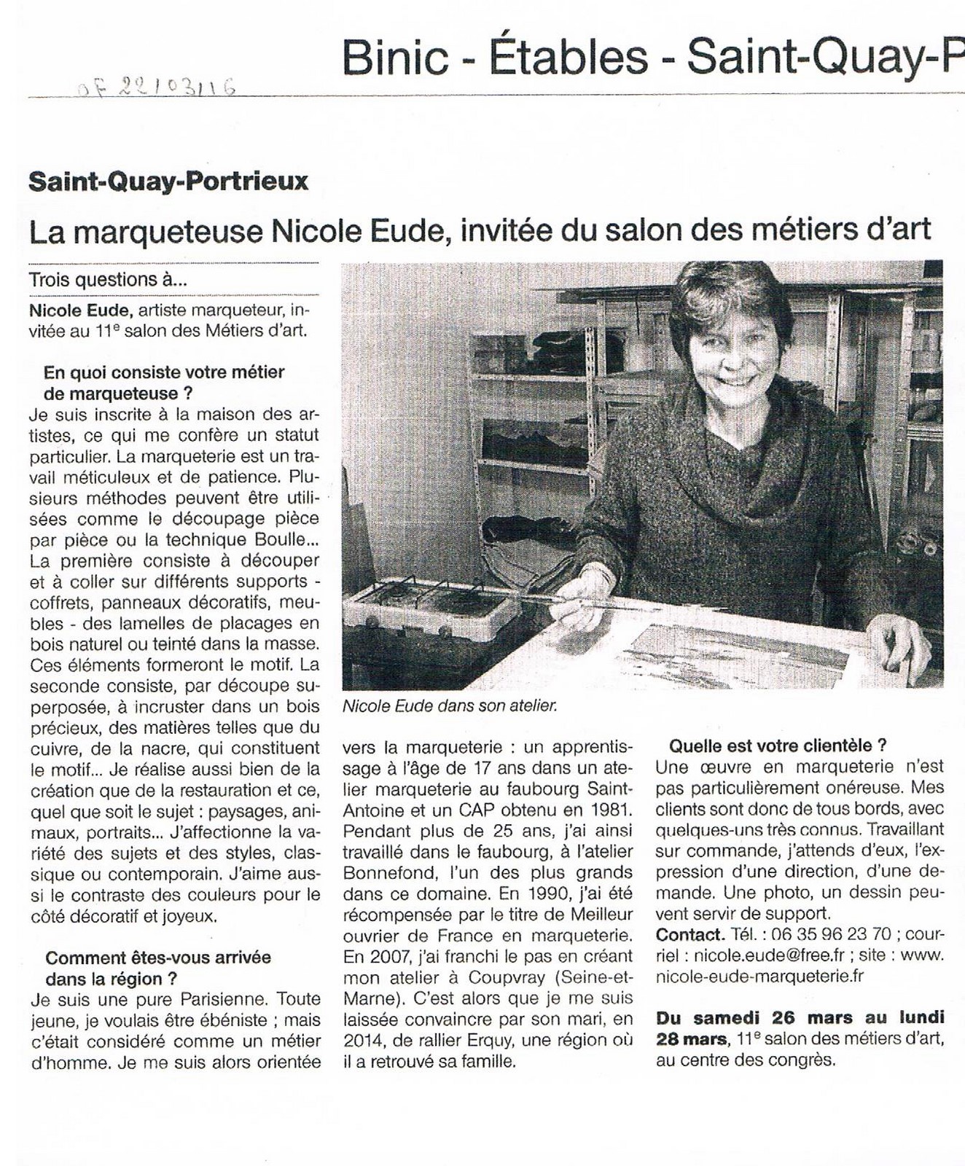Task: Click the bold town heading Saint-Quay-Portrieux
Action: coord(168,181)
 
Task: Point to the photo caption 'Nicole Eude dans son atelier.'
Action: coord(449,706)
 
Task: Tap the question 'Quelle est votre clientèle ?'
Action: coord(778,745)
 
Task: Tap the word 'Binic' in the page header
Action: coord(395,58)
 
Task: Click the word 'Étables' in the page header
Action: coord(569,58)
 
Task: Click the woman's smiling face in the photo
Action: coord(730,358)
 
